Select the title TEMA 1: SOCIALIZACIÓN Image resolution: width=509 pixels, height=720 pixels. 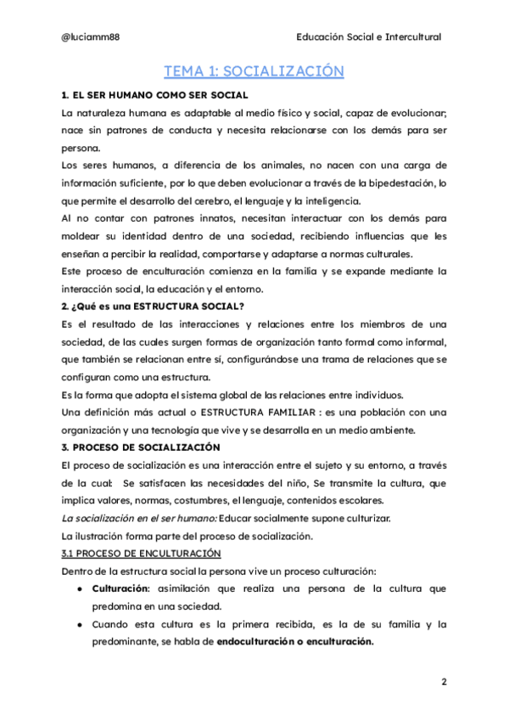254,71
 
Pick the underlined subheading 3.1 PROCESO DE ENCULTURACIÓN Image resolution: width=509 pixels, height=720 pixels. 129,554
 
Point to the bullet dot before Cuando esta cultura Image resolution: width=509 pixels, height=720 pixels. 78,624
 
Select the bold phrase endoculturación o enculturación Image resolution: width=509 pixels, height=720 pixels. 294,642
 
